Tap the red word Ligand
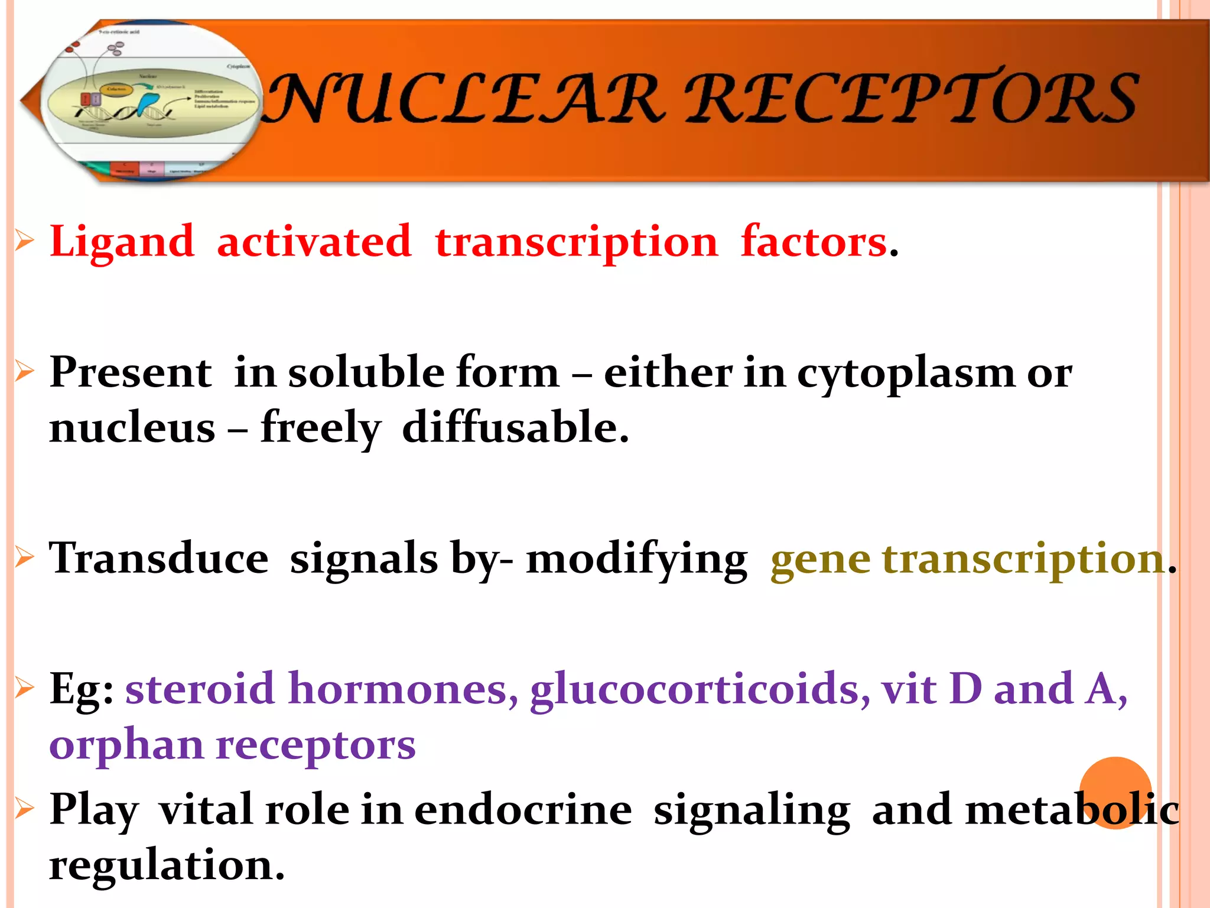122,242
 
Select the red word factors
814,242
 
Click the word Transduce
158,559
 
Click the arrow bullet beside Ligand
24,241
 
